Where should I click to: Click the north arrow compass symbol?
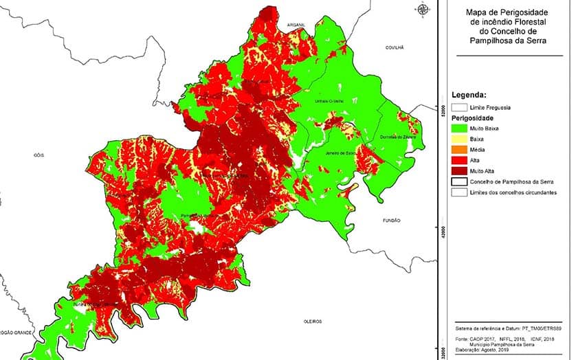423,9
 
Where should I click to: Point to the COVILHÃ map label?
395,48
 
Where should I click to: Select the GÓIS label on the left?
38,155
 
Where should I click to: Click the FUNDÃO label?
392,221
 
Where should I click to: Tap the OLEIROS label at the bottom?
313,321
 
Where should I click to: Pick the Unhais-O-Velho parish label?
328,101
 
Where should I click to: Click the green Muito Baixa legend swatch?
459,128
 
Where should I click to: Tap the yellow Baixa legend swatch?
459,139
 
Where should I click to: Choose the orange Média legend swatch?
459,149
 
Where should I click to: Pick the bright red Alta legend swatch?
459,160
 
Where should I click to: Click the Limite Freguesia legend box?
459,107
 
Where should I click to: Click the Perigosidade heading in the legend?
473,118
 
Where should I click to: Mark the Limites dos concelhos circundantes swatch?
459,192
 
